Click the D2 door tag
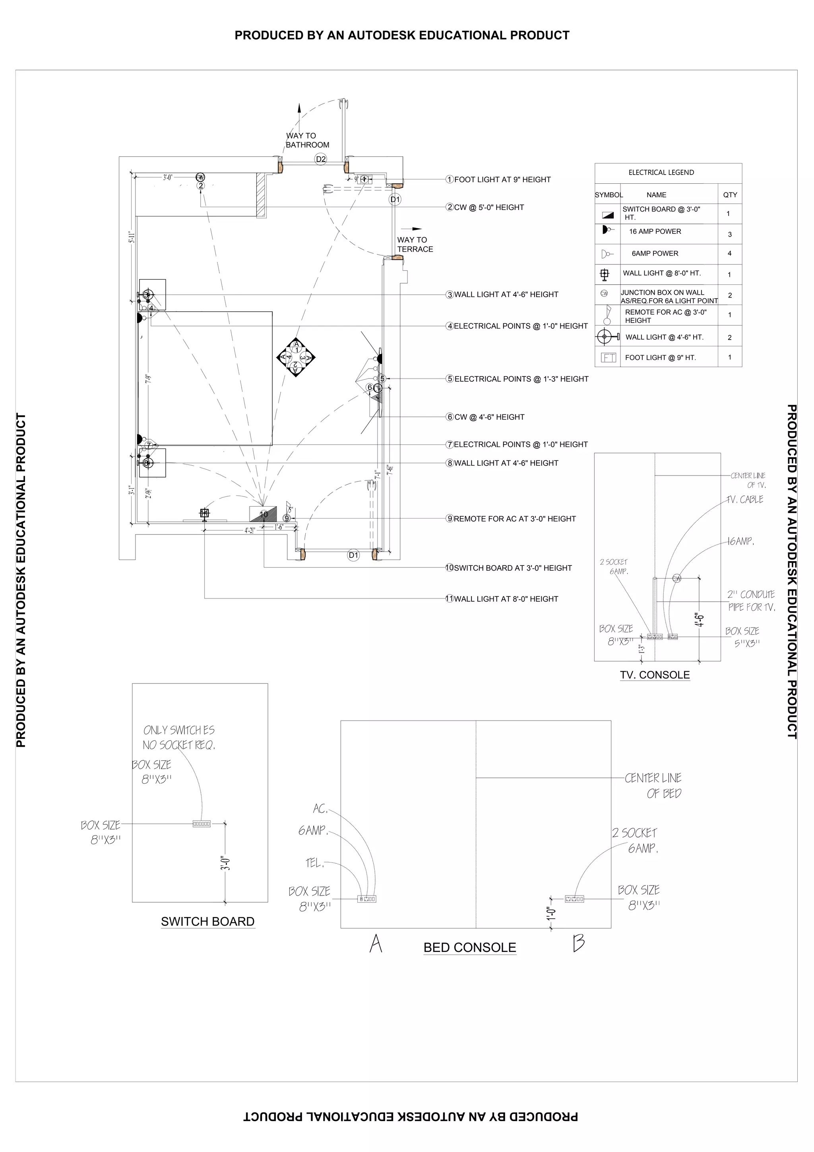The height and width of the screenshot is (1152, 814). click(x=320, y=159)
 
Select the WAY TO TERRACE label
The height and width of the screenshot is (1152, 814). click(x=415, y=244)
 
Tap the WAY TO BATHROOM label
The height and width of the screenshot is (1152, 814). click(x=307, y=140)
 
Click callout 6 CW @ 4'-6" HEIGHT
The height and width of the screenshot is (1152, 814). click(x=489, y=417)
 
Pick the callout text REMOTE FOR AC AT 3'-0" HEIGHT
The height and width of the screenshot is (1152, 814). click(x=514, y=519)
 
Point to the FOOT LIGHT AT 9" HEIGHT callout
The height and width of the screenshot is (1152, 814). click(x=502, y=180)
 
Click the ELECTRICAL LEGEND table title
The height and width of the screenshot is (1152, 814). click(x=661, y=173)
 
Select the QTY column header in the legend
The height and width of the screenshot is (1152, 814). click(x=730, y=195)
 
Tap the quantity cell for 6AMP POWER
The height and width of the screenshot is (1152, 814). click(x=729, y=253)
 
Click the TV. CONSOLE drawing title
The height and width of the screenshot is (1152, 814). click(x=655, y=675)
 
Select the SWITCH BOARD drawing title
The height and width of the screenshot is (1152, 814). click(x=207, y=922)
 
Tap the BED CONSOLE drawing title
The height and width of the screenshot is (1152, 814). click(x=469, y=948)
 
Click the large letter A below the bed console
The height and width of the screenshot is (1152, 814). click(x=376, y=943)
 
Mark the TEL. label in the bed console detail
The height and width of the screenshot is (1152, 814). click(x=315, y=863)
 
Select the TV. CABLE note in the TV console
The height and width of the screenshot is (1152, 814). click(x=745, y=500)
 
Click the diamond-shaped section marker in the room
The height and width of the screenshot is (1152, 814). click(x=296, y=357)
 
